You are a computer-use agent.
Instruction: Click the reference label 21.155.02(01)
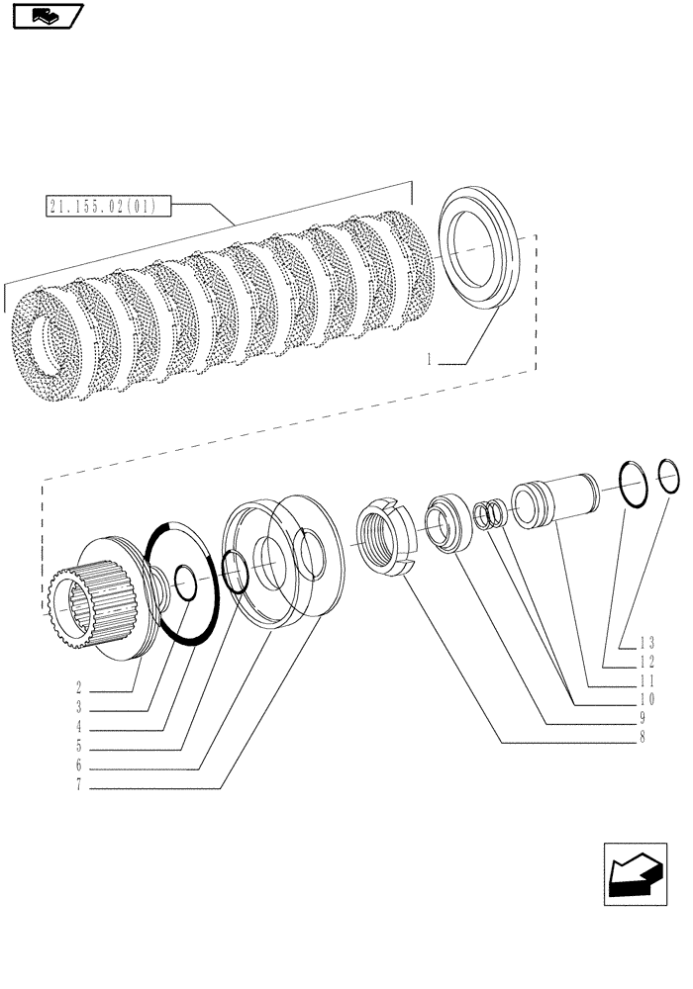[x=108, y=207]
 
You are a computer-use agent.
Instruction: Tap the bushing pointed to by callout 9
[x=447, y=526]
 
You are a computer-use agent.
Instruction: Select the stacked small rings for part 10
[x=487, y=515]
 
